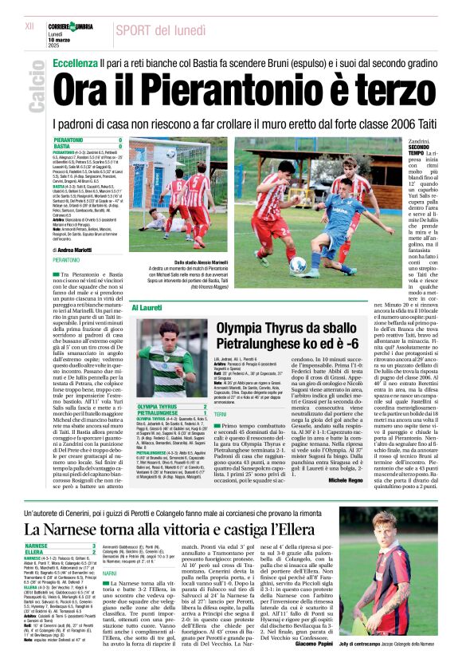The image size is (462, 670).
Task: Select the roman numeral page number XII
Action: [x=29, y=26]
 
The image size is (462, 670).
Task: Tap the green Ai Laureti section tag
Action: [x=149, y=305]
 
